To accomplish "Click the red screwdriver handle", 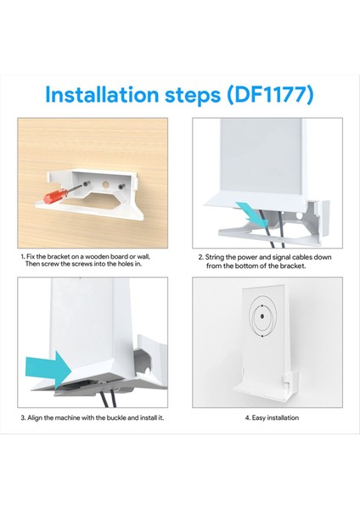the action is pyautogui.click(x=56, y=196).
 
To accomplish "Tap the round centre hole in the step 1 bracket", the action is pyautogui.click(x=105, y=185).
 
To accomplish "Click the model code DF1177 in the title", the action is pyautogui.click(x=270, y=94).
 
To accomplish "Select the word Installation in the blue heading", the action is pyautogui.click(x=102, y=94).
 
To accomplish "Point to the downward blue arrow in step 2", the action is pyautogui.click(x=252, y=215).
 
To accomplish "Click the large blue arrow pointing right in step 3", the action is pyautogui.click(x=48, y=370).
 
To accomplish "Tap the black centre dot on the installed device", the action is pyautogui.click(x=262, y=316).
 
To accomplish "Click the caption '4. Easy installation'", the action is pyautogui.click(x=272, y=417).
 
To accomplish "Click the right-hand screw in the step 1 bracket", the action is pyautogui.click(x=121, y=187).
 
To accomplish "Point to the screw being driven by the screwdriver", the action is pyautogui.click(x=86, y=184).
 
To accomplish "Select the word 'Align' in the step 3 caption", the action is pyautogui.click(x=35, y=417).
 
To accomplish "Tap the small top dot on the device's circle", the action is pyautogui.click(x=262, y=305).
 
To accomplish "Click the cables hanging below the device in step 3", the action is pyautogui.click(x=108, y=399).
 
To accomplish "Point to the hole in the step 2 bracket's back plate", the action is pyautogui.click(x=300, y=215).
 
